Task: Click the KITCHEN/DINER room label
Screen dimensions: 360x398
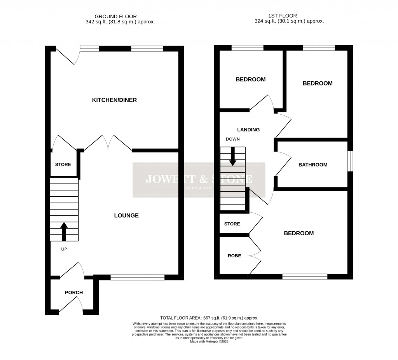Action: pyautogui.click(x=114, y=100)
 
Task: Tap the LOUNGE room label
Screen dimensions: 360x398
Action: pyautogui.click(x=126, y=215)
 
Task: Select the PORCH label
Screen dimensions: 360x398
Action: pyautogui.click(x=74, y=293)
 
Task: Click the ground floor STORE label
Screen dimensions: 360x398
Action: pyautogui.click(x=63, y=165)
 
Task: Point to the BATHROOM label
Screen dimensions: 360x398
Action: pyautogui.click(x=313, y=165)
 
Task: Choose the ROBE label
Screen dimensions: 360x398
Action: pyautogui.click(x=234, y=256)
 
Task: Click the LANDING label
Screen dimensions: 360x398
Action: pyautogui.click(x=248, y=130)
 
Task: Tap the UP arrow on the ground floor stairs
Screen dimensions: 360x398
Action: pyautogui.click(x=64, y=231)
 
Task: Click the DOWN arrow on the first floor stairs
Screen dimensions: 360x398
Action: pyautogui.click(x=232, y=156)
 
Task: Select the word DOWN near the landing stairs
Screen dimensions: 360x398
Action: pyautogui.click(x=233, y=139)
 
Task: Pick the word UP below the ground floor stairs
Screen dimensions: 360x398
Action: pyautogui.click(x=64, y=249)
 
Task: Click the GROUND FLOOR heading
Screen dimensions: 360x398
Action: pyautogui.click(x=120, y=16)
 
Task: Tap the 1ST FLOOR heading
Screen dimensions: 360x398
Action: pyautogui.click(x=283, y=16)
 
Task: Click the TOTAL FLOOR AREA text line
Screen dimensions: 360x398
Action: pyautogui.click(x=209, y=318)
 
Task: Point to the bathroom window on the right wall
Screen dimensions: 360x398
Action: pyautogui.click(x=350, y=161)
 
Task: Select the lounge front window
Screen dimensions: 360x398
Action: pyautogui.click(x=138, y=277)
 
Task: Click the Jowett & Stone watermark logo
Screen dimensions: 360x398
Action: pyautogui.click(x=199, y=180)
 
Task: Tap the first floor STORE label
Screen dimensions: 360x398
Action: pyautogui.click(x=232, y=224)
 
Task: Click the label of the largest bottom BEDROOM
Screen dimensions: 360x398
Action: pyautogui.click(x=298, y=234)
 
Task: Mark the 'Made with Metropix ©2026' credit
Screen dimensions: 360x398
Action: pyautogui.click(x=209, y=341)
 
